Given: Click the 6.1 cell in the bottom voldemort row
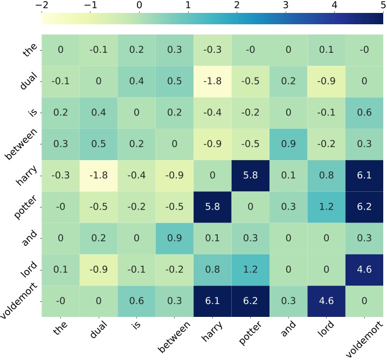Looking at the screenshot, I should point(212,299).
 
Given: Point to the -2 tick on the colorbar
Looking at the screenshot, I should point(42,5).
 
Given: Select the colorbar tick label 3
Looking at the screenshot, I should point(286,5).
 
